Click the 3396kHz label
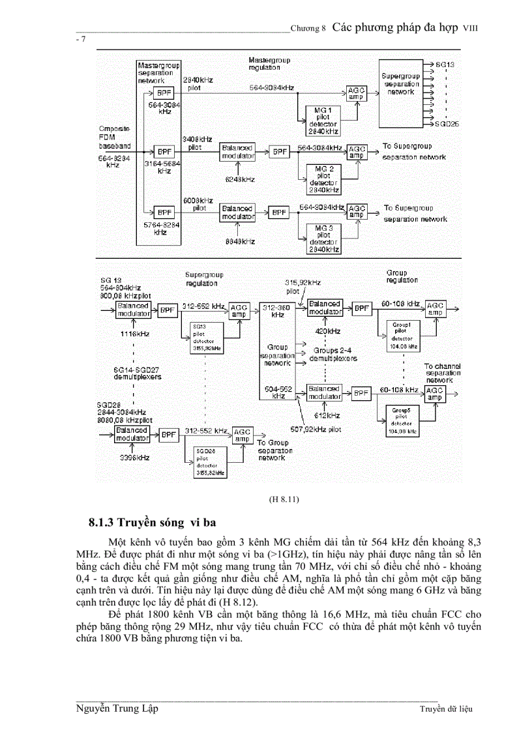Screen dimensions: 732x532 [134, 458]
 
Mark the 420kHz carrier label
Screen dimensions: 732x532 [323, 331]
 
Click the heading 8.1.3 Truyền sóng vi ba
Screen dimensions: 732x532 [153, 523]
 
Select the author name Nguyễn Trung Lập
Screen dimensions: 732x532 [117, 709]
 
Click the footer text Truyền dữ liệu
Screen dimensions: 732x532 [445, 709]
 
